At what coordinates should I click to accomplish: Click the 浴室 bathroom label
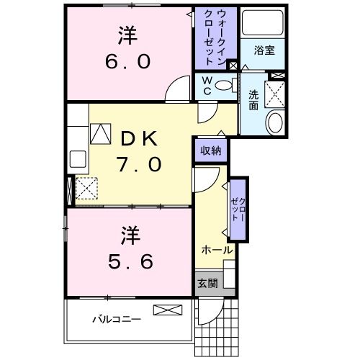(x=264, y=50)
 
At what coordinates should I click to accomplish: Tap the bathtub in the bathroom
(x=262, y=24)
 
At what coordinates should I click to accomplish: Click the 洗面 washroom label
(x=254, y=99)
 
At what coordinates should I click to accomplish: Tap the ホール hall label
(x=217, y=250)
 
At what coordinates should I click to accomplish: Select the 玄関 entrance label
(x=207, y=283)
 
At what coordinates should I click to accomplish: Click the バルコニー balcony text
(x=116, y=318)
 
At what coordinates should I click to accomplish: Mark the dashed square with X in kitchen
(x=86, y=189)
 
